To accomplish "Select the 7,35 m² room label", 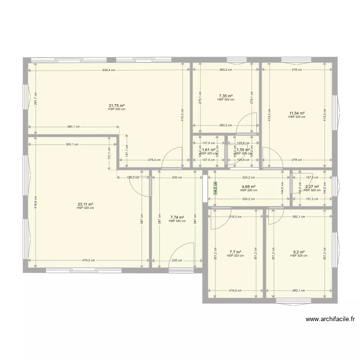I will pos(226,96).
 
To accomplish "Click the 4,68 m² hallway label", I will pos(248,187).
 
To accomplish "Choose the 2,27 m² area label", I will pos(312,187).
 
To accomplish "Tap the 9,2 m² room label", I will pos(299,252).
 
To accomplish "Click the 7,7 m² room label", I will pos(235,252).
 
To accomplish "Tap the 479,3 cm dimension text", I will pos(88,261).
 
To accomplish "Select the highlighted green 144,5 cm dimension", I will pos(216,187).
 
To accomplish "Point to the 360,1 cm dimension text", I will pos(73,127).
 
